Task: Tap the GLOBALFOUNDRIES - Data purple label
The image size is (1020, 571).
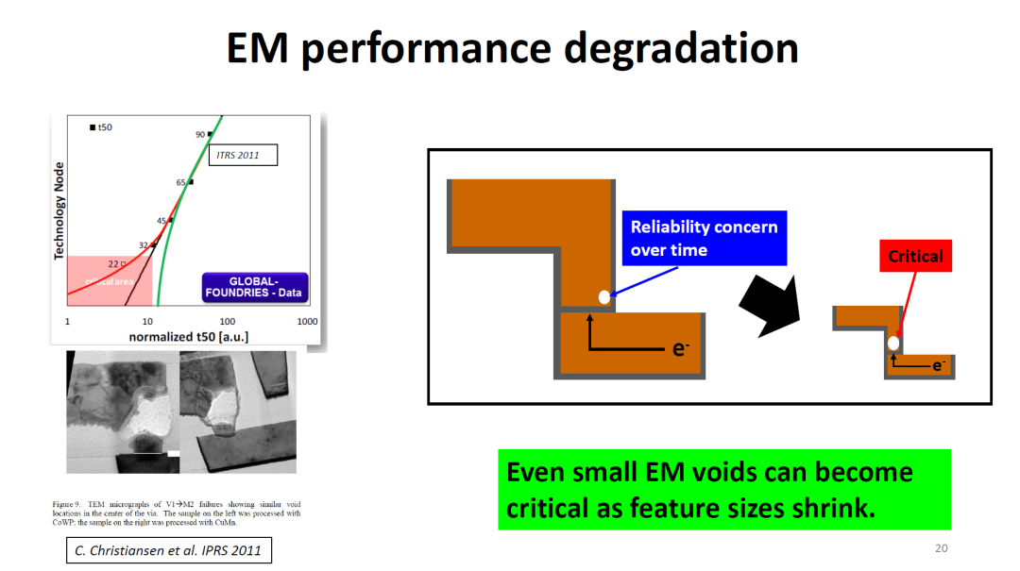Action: pos(254,288)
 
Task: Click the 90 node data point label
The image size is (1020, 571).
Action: pos(200,135)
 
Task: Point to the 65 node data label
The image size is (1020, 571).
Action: pos(180,182)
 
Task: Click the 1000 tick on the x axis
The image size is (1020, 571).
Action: pos(307,322)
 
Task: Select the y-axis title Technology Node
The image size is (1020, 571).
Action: pos(59,210)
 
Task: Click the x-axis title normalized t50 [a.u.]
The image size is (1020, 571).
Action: pos(189,337)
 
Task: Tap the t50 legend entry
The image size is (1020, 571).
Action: pos(100,126)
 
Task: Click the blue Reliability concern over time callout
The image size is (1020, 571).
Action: pos(704,238)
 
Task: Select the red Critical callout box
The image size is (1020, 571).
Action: pos(915,256)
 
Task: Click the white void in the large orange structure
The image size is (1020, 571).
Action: pos(604,297)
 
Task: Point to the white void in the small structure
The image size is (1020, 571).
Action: pos(893,343)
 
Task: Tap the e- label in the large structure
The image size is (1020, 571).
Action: pos(679,348)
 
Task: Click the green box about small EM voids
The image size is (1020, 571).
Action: pos(723,489)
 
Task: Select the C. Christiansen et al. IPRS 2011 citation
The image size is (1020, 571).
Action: pos(169,550)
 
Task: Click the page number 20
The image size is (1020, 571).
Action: pos(941,548)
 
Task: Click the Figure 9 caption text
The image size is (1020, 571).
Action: pos(177,513)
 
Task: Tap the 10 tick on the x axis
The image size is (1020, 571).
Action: pos(147,322)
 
